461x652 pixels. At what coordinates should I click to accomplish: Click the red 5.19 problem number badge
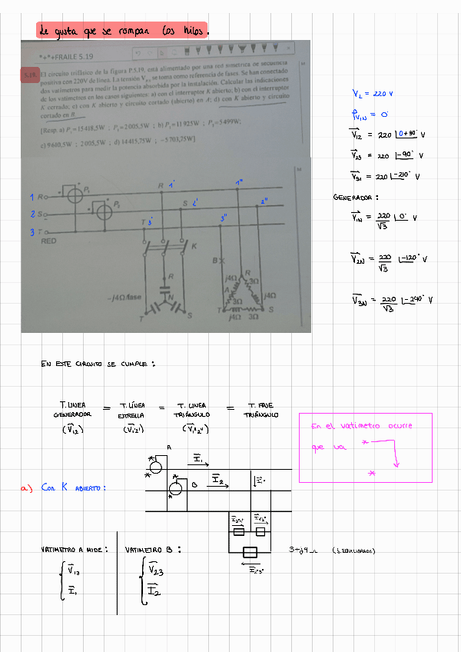click(31, 75)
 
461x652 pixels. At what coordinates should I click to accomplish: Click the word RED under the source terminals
click(48, 241)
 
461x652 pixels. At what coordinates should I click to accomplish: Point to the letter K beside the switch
click(194, 246)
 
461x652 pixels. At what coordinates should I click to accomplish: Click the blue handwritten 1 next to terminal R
click(32, 198)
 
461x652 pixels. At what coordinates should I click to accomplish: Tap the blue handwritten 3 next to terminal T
click(32, 231)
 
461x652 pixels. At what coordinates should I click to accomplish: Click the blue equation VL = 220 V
click(373, 94)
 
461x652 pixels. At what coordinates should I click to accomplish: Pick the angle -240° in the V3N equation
click(418, 300)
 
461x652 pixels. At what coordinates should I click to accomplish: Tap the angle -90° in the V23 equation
click(410, 155)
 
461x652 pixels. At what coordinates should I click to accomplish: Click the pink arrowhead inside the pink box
click(397, 464)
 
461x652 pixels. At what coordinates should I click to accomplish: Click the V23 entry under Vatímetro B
click(154, 570)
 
